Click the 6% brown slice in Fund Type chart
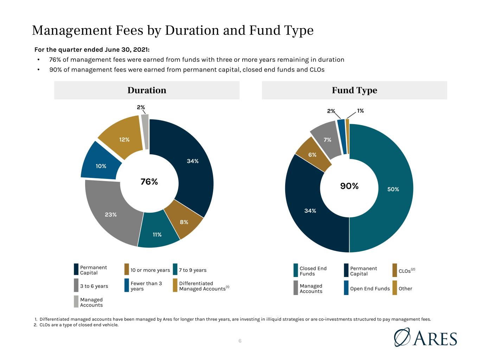[x=313, y=155]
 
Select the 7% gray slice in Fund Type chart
[x=327, y=140]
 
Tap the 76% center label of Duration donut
[x=149, y=182]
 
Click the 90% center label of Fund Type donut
[x=349, y=186]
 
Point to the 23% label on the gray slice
[x=111, y=215]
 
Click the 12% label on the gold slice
[x=124, y=140]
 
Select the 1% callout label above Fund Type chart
[x=360, y=111]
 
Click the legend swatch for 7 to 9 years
[x=175, y=269]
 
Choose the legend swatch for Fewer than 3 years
[x=127, y=285]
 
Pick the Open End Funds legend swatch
[x=346, y=288]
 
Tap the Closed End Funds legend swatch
[x=296, y=270]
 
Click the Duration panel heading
[x=147, y=90]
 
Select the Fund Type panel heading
[x=354, y=90]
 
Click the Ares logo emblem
[x=402, y=337]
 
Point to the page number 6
[x=240, y=341]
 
